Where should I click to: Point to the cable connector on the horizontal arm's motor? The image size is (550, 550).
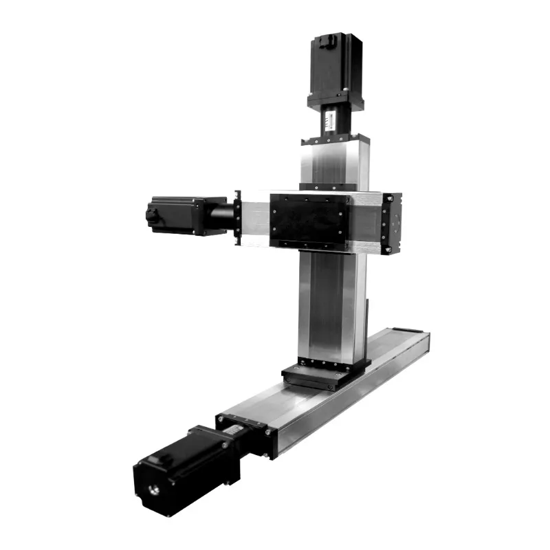point(151,215)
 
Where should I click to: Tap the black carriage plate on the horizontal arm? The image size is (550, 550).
point(308,220)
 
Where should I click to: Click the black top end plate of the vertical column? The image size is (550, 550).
point(334,140)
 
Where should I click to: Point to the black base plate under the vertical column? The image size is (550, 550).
point(323,375)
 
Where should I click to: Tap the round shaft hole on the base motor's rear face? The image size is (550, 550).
point(155,489)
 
